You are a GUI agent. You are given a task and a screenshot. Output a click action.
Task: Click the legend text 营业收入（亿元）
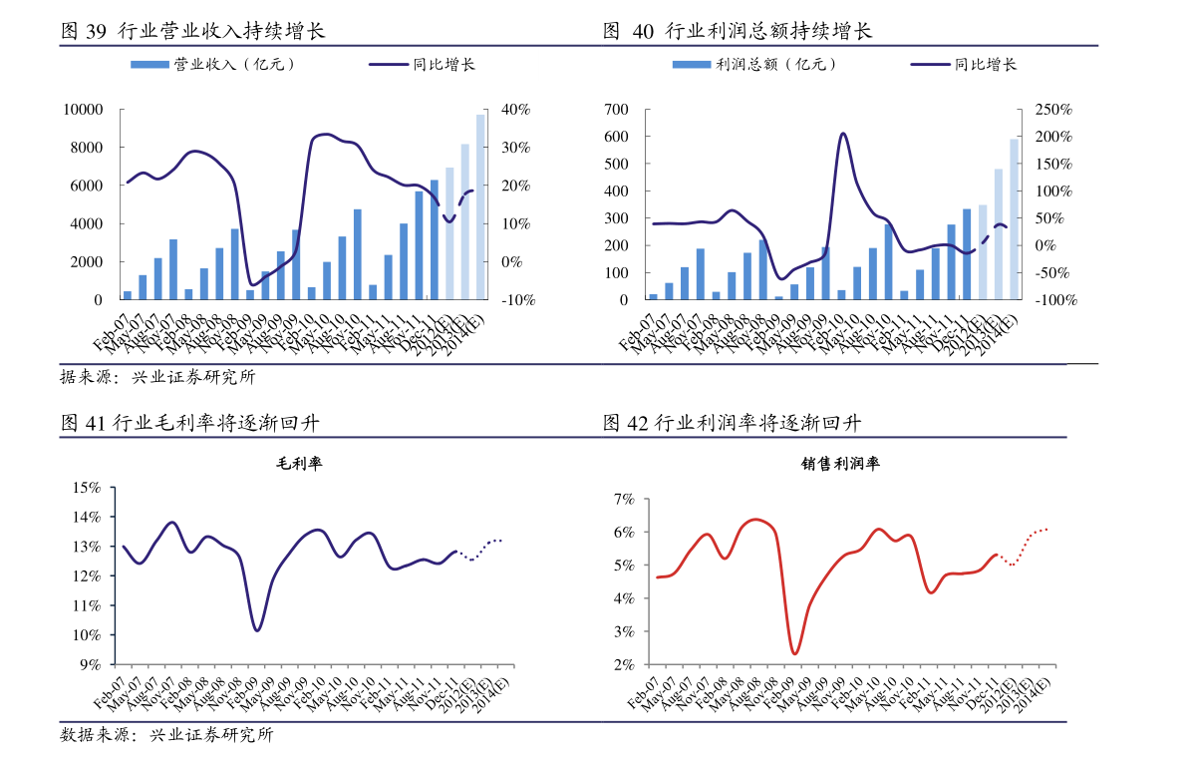point(234,65)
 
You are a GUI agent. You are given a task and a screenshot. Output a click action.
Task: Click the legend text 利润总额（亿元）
point(776,65)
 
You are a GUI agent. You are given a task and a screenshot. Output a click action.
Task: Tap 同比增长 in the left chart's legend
point(444,65)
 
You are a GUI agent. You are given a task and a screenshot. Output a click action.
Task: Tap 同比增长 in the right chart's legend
point(986,65)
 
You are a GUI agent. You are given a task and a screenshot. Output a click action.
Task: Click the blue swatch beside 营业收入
point(149,65)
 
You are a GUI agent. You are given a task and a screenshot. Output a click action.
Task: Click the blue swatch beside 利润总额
point(691,65)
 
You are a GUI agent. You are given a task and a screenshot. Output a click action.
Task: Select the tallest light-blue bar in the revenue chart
point(480,206)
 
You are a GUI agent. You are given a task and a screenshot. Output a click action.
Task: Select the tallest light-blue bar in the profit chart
point(1014,219)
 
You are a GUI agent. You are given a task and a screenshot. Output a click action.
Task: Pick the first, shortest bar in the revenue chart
point(128,295)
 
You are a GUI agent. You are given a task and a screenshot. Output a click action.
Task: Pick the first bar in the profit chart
point(654,296)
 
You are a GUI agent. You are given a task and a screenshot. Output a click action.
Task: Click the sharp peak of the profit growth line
point(842,134)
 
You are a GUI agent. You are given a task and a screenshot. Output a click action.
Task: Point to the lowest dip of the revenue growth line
point(252,285)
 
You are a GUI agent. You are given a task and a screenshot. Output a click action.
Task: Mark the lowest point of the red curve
point(794,653)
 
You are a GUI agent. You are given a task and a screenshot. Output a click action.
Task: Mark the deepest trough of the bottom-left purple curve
point(257,629)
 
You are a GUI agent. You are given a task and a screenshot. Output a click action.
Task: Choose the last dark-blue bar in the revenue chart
point(435,239)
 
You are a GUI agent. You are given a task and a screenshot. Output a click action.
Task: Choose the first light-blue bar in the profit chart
point(983,251)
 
